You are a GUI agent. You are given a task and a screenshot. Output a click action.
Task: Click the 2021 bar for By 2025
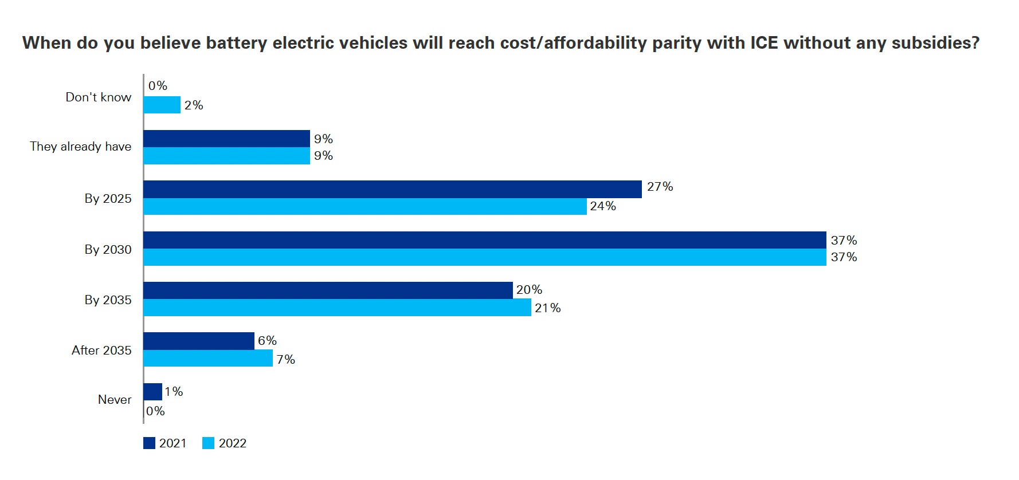click(393, 189)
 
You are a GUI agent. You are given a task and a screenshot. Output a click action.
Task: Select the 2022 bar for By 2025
click(365, 207)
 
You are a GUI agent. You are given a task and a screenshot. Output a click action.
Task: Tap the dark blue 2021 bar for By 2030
click(484, 240)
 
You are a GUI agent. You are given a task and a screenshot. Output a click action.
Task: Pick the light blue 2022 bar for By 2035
click(337, 308)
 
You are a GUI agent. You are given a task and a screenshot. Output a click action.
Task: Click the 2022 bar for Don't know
click(162, 105)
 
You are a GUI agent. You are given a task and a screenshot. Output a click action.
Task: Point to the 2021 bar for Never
click(152, 392)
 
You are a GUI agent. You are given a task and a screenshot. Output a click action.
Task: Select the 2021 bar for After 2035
click(199, 341)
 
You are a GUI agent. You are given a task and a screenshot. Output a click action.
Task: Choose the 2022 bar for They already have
click(226, 156)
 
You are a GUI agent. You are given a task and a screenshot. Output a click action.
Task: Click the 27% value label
click(660, 187)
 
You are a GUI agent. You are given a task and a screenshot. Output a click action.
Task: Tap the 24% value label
click(603, 206)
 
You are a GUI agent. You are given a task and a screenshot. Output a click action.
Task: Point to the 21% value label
click(547, 308)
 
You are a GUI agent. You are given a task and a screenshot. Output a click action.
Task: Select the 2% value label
click(194, 105)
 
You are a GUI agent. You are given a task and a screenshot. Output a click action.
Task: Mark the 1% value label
click(174, 392)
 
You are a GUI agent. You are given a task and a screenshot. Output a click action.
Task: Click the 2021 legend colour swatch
click(149, 443)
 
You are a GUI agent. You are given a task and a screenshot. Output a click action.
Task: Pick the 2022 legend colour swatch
click(208, 443)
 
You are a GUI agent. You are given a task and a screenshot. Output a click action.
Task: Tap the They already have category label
click(80, 147)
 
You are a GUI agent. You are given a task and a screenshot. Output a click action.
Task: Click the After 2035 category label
click(101, 350)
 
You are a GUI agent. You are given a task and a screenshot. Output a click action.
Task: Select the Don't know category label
click(98, 97)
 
